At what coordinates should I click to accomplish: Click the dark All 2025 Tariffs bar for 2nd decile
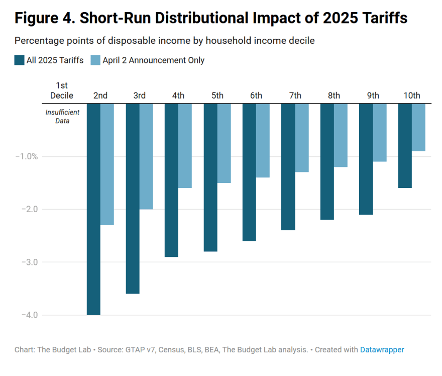pos(93,209)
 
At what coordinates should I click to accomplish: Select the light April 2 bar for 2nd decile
pos(107,164)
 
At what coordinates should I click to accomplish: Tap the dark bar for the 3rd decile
pos(133,199)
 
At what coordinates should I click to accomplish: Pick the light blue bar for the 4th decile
pos(185,146)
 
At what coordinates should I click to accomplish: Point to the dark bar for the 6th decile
pos(249,172)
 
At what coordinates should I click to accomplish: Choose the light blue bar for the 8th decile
pos(341,135)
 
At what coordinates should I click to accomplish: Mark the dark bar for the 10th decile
pos(405,146)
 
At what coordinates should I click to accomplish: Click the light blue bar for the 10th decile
pos(418,127)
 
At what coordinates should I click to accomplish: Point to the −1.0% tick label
pos(26,156)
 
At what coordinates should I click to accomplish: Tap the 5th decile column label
pos(217,96)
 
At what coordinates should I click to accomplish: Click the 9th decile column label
pos(373,96)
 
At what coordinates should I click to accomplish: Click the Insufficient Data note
pos(62,117)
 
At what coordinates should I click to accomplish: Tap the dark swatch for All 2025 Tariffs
pos(20,60)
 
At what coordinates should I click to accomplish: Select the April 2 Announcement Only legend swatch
pos(95,60)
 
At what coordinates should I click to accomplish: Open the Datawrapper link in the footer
pos(382,349)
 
